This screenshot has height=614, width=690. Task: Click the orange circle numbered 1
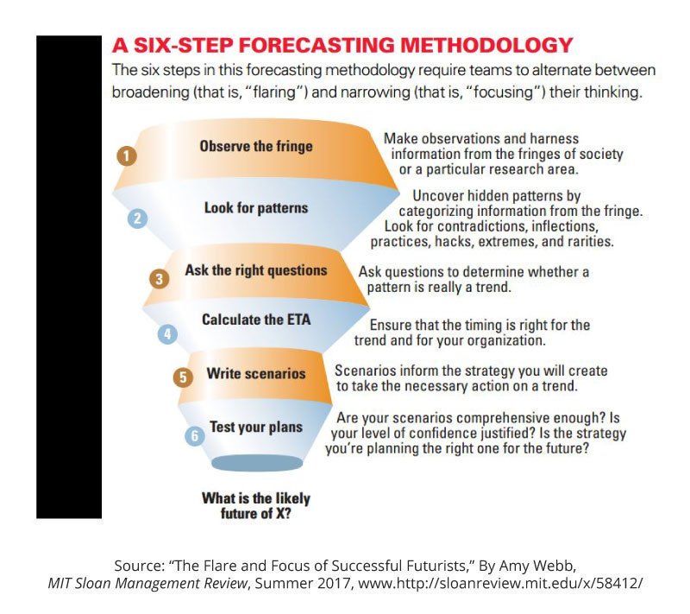pos(126,156)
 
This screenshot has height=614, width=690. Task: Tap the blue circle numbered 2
pos(136,218)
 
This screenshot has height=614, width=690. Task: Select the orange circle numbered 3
pos(159,279)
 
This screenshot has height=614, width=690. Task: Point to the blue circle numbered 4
pos(167,333)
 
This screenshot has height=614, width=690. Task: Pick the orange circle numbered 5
pos(182,377)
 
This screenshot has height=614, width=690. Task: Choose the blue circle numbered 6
pos(195,436)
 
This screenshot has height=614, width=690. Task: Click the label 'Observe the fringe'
pos(256,146)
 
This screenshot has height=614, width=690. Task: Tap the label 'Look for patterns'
pos(256,208)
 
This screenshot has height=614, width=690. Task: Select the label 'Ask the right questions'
pos(256,270)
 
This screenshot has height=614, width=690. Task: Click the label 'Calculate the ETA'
pos(256,320)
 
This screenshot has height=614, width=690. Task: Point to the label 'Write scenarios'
pos(256,374)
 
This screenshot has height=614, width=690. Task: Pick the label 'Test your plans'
pos(256,426)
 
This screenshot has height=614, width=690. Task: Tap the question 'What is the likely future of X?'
pos(256,504)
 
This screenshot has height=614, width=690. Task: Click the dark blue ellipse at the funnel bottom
pos(256,463)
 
